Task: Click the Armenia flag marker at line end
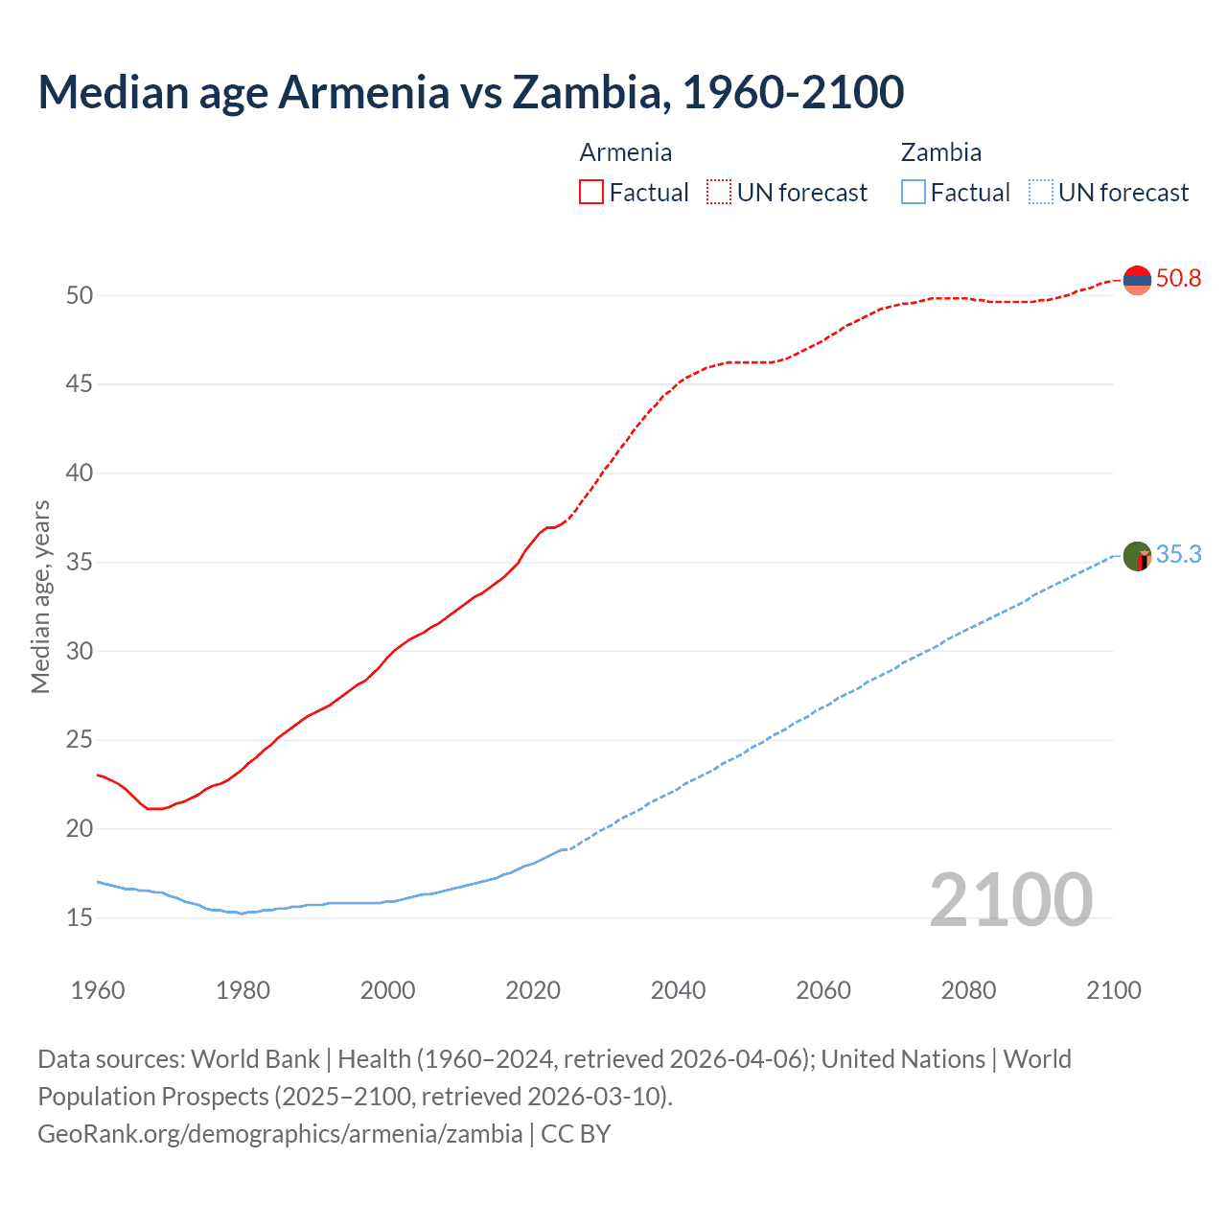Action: coord(1137,280)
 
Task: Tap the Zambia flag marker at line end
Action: coord(1137,556)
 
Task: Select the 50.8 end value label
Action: coord(1178,279)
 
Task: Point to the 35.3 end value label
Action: coord(1178,555)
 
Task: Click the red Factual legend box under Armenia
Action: coord(591,193)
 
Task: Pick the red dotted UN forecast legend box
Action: coord(719,193)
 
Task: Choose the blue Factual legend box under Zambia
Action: coord(914,193)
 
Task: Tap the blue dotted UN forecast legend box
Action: coord(1040,193)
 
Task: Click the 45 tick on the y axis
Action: coord(80,384)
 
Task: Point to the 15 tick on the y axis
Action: coord(80,918)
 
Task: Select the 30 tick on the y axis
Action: coord(80,652)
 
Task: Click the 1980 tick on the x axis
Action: coord(243,990)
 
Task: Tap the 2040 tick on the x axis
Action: coord(678,990)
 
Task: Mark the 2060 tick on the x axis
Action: coord(823,990)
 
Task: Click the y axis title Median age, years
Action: coord(40,596)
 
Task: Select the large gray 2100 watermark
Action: coord(1011,899)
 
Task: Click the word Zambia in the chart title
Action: coord(587,92)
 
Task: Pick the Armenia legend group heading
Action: coord(625,152)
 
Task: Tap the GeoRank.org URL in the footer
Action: coord(280,1134)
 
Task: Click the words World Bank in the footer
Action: coord(255,1059)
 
